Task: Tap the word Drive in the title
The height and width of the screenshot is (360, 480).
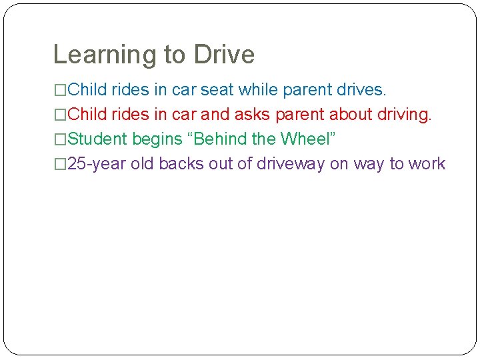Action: pos(223,55)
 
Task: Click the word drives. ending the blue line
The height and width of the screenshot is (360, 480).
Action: pos(361,89)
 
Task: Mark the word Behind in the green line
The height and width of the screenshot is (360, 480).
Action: pos(220,139)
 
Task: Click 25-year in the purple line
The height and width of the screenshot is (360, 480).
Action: pos(97,164)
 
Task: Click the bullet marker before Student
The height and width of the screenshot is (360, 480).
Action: pos(60,139)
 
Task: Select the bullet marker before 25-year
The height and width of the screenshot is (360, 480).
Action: pos(60,164)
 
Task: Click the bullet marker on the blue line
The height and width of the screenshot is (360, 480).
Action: pos(60,89)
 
